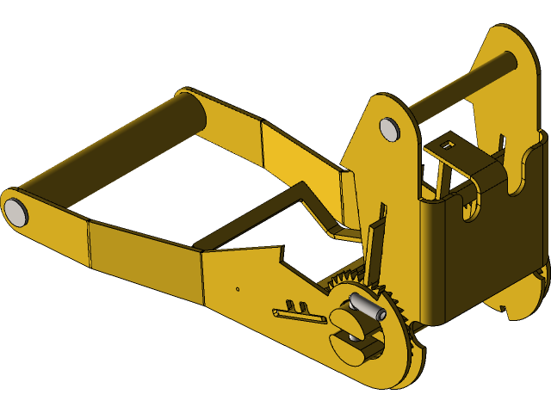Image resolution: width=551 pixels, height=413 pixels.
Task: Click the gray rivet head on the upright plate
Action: [389, 129]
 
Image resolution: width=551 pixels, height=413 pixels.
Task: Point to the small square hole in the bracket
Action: [446, 145]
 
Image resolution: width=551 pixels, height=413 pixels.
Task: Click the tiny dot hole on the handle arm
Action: [238, 289]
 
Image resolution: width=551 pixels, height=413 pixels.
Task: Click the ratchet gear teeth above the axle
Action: [344, 280]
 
